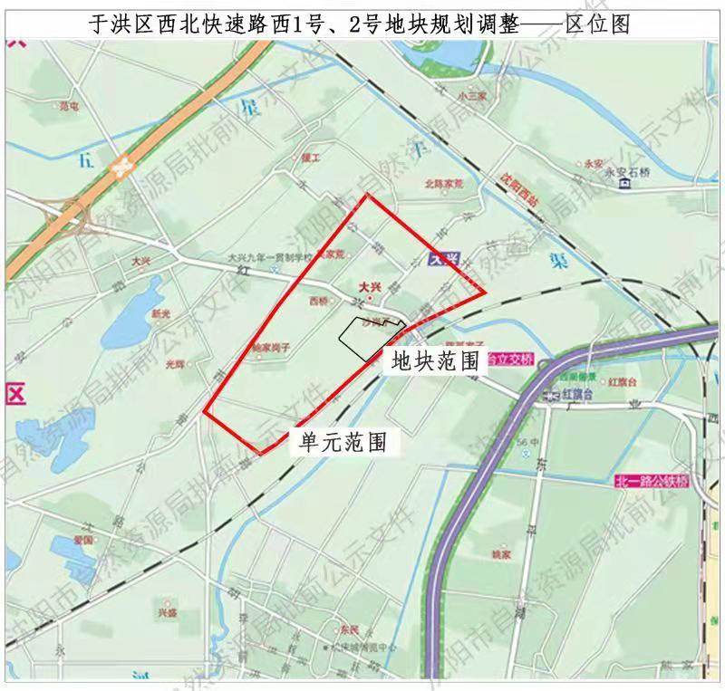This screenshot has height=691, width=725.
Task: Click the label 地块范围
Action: pos(434,362)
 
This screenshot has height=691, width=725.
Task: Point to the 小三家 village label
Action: pos(473,95)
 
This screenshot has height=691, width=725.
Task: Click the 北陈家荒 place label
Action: pos(443,183)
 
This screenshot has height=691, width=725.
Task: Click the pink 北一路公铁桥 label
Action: pos(651,480)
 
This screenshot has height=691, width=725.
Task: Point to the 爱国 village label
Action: pos(83,540)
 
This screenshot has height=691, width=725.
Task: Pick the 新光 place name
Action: pos(160,313)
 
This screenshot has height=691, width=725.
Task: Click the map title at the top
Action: pos(362,24)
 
